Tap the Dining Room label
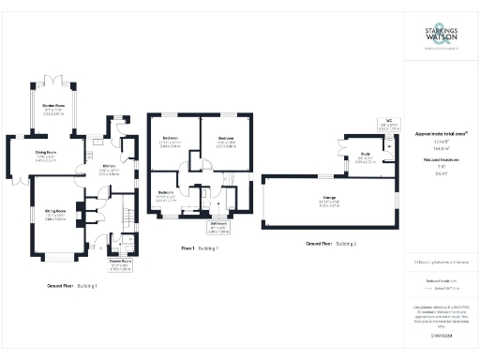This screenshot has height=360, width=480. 47,155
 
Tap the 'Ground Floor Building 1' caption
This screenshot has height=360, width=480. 73,285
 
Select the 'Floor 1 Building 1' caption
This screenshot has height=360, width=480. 199,248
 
